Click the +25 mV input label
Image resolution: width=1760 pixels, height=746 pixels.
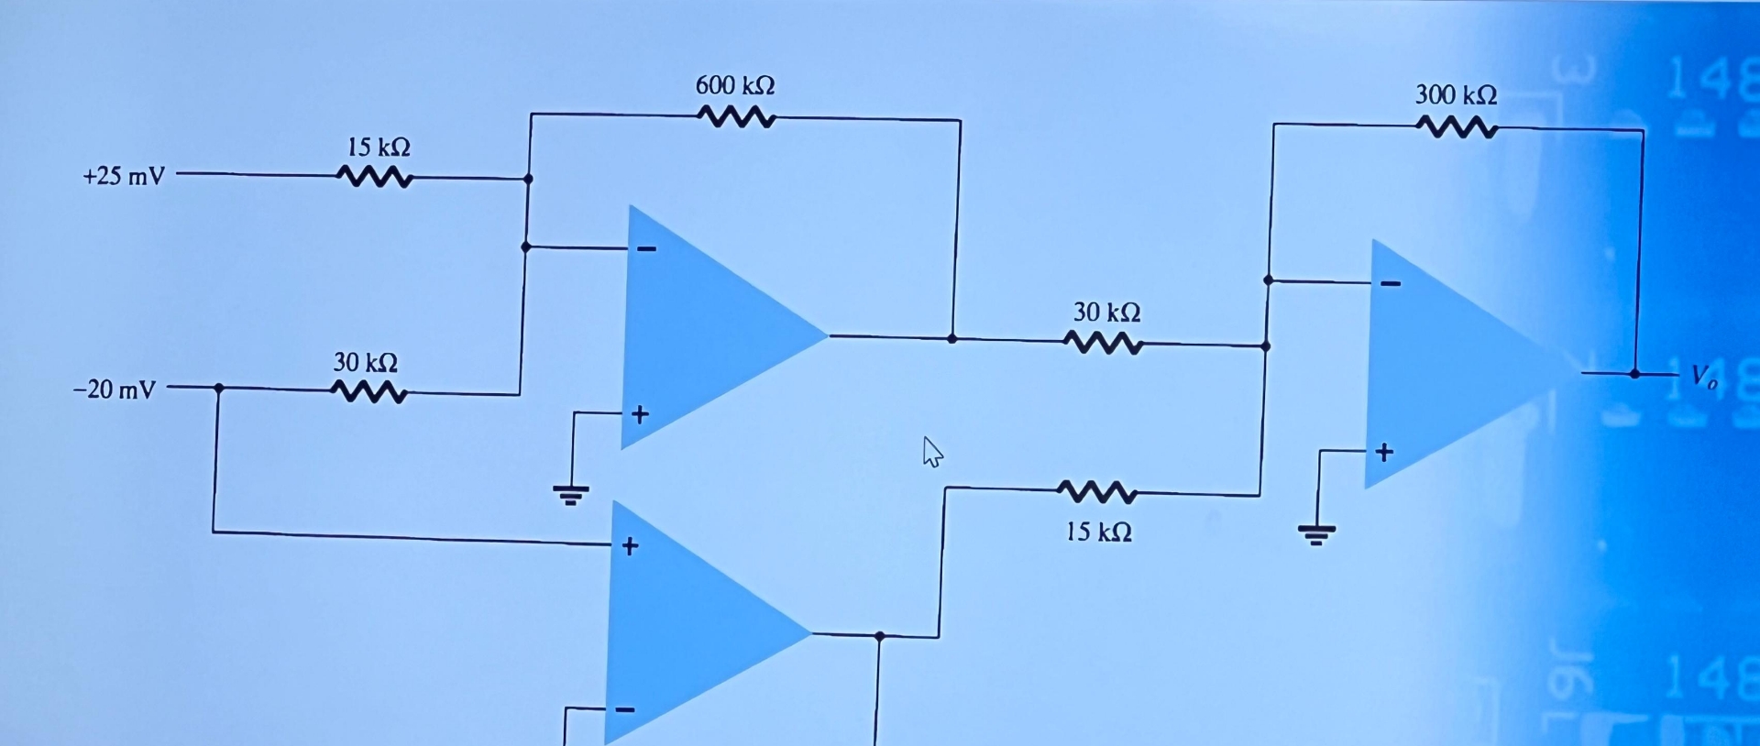[124, 176]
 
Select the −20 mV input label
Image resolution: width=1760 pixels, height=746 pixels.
[115, 390]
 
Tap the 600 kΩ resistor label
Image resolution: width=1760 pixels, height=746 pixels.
[735, 86]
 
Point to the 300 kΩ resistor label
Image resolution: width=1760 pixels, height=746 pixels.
[1456, 95]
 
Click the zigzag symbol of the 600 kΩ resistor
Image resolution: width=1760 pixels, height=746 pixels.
[737, 117]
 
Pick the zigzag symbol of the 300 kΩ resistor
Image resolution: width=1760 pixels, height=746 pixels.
[1457, 127]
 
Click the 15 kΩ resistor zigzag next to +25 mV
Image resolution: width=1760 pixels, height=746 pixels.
[376, 176]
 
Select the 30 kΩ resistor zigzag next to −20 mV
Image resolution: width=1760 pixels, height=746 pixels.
[368, 392]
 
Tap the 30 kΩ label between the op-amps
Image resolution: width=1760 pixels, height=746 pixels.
[1107, 313]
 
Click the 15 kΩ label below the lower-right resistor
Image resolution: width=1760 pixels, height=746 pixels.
[1098, 532]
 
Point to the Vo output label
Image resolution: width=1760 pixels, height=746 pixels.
[1703, 377]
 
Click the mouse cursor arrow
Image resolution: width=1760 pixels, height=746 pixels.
[931, 452]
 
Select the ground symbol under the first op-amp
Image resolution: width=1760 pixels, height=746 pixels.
[570, 496]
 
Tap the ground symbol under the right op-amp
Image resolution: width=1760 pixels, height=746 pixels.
[1316, 532]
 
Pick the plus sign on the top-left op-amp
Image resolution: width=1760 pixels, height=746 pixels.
[640, 415]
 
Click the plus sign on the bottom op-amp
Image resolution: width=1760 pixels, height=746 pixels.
[630, 547]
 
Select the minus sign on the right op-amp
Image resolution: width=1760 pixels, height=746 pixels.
[1391, 284]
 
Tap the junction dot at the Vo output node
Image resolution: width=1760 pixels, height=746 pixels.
[1634, 374]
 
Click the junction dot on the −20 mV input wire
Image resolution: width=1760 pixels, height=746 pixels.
[218, 389]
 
